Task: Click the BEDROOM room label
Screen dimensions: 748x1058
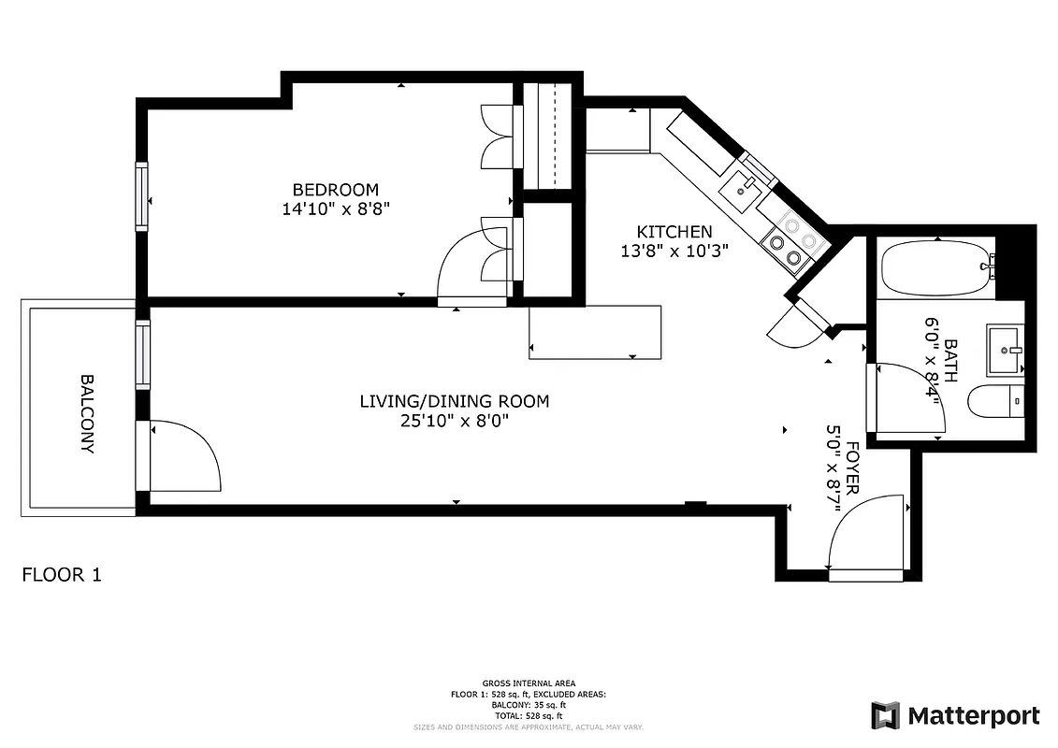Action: (335, 190)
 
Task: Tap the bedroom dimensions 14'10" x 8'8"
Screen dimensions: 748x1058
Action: (335, 209)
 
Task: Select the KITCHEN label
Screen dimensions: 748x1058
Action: (674, 232)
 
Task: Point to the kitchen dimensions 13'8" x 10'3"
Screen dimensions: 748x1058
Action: (674, 251)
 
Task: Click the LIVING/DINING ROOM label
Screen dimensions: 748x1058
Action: (454, 401)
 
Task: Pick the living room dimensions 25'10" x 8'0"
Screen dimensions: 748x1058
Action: (454, 421)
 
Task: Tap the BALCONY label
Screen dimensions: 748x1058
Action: (87, 413)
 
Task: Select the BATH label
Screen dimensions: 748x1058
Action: (950, 360)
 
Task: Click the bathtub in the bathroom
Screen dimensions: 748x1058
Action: (936, 267)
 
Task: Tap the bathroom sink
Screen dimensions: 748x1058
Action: (1006, 350)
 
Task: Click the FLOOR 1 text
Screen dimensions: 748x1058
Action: (61, 574)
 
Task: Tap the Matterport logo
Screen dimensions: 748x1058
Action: (955, 716)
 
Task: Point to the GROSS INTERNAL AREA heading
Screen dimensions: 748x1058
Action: (529, 683)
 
